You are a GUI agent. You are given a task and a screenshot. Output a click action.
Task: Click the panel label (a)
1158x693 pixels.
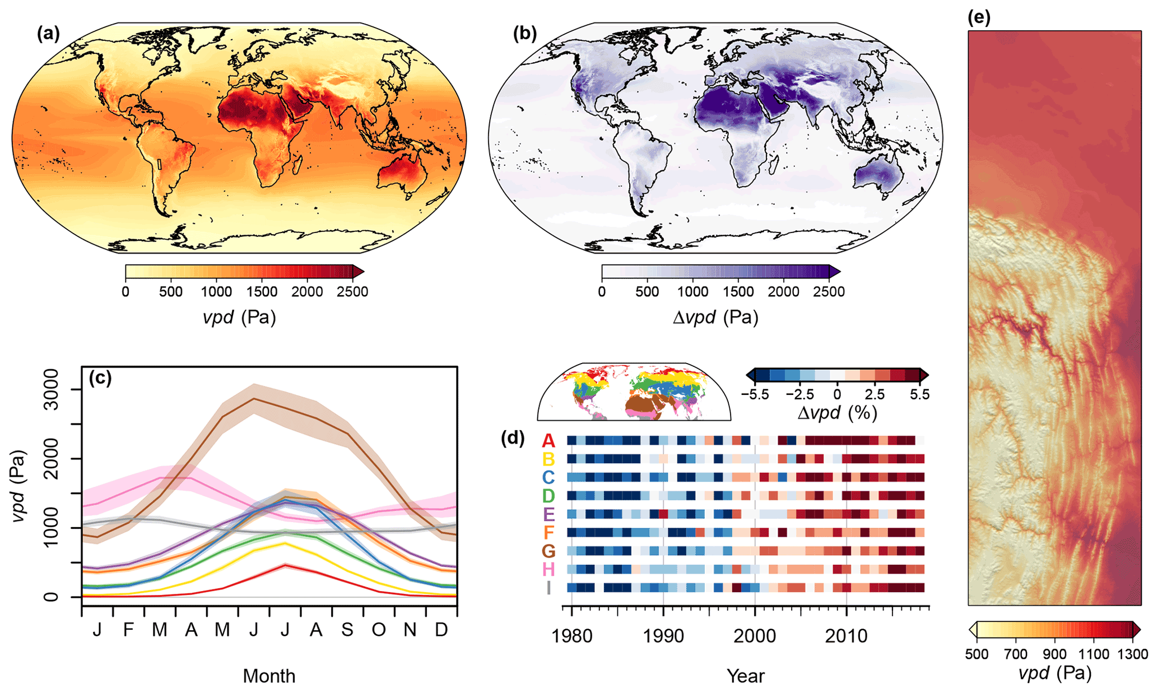pyautogui.click(x=48, y=34)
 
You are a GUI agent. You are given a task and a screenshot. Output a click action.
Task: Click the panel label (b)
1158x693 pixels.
pyautogui.click(x=525, y=34)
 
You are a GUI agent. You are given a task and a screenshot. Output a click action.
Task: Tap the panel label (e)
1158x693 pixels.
pyautogui.click(x=979, y=17)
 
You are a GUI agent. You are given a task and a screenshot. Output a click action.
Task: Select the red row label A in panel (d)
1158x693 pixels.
pyautogui.click(x=548, y=441)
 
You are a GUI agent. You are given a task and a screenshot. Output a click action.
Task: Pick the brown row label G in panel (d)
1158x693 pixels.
pyautogui.click(x=548, y=551)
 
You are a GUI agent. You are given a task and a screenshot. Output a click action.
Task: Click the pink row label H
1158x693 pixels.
pyautogui.click(x=548, y=570)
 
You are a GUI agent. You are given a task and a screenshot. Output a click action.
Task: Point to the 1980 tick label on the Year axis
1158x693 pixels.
pyautogui.click(x=571, y=636)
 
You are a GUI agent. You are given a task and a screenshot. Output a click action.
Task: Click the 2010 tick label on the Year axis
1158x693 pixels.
pyautogui.click(x=846, y=636)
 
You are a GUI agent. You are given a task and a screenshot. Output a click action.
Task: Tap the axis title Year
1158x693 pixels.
pyautogui.click(x=745, y=676)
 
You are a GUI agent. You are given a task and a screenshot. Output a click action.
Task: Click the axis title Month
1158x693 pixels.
pyautogui.click(x=269, y=676)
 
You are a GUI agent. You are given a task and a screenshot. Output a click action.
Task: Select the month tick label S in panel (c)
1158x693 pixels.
pyautogui.click(x=347, y=630)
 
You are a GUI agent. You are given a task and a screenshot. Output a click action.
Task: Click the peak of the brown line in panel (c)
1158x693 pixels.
pyautogui.click(x=254, y=398)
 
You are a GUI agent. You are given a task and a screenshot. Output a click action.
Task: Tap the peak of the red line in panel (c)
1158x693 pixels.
pyautogui.click(x=285, y=565)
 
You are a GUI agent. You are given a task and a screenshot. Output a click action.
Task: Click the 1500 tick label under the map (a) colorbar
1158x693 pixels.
pyautogui.click(x=262, y=292)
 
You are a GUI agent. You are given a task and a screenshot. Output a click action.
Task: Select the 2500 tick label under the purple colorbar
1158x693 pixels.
pyautogui.click(x=829, y=292)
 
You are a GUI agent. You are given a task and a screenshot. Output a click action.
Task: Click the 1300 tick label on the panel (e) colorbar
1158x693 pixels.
pyautogui.click(x=1133, y=654)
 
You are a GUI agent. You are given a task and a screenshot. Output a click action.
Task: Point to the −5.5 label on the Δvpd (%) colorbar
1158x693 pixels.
pyautogui.click(x=755, y=395)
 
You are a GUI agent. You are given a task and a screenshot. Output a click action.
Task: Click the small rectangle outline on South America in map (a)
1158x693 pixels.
pyautogui.click(x=159, y=164)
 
